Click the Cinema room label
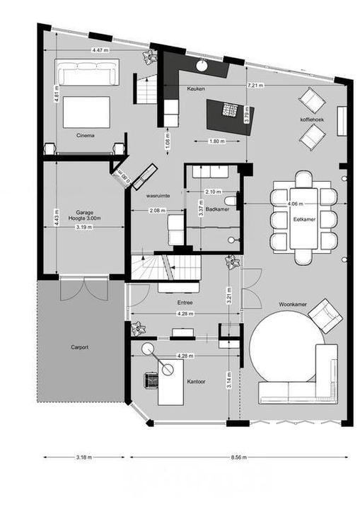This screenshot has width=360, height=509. pyautogui.click(x=86, y=134)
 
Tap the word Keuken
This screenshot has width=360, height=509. pyautogui.click(x=196, y=88)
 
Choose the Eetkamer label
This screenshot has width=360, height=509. pyautogui.click(x=304, y=220)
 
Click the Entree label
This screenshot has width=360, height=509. pyautogui.click(x=185, y=303)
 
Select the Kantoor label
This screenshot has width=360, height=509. pyautogui.click(x=196, y=381)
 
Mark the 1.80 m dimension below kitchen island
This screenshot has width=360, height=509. pyautogui.click(x=218, y=141)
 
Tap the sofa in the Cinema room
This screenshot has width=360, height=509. pyautogui.click(x=88, y=73)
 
